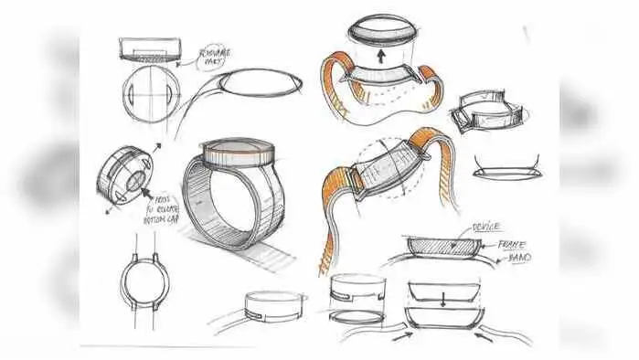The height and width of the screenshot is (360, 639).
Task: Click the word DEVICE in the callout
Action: click(483, 225)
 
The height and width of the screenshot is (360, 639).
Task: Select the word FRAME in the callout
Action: click(513, 244)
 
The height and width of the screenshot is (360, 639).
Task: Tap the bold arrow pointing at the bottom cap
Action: click(146, 190)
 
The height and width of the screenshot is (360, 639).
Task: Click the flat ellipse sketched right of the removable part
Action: click(262, 82)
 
